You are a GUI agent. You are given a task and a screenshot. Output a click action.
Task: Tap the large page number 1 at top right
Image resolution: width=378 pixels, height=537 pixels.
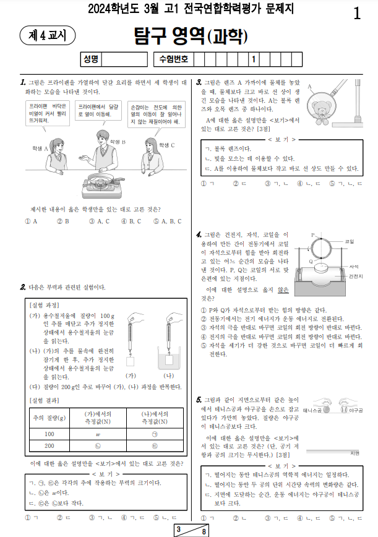point(357,13)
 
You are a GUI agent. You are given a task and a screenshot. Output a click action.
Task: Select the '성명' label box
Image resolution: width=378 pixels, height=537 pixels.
point(90,59)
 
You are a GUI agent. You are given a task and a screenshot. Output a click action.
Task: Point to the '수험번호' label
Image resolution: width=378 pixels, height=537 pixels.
point(173,59)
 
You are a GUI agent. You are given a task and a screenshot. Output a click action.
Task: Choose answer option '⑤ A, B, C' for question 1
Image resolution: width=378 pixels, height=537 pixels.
point(168,221)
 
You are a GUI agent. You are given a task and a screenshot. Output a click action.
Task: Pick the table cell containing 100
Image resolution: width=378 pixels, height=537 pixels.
point(49,434)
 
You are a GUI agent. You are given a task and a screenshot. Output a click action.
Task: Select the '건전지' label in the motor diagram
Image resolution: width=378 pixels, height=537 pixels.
point(356,275)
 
